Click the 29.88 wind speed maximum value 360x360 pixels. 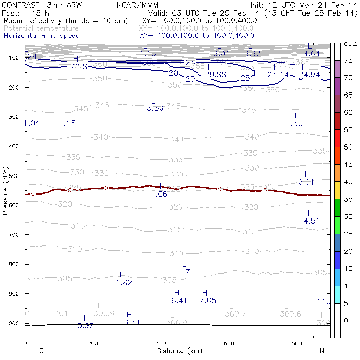pyautogui.click(x=216, y=74)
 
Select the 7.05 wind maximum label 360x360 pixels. pyautogui.click(x=208, y=300)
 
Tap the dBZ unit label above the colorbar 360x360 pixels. pyautogui.click(x=350, y=43)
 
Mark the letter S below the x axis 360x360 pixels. pyautogui.click(x=41, y=351)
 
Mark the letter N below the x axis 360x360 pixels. pyautogui.click(x=322, y=351)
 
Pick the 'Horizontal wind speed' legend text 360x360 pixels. pyautogui.click(x=42, y=36)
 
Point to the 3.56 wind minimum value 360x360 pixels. pyautogui.click(x=155, y=108)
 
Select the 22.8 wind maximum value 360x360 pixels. pyautogui.click(x=78, y=66)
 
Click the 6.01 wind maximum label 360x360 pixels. pyautogui.click(x=306, y=181)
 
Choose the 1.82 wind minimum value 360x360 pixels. pyautogui.click(x=124, y=282)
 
